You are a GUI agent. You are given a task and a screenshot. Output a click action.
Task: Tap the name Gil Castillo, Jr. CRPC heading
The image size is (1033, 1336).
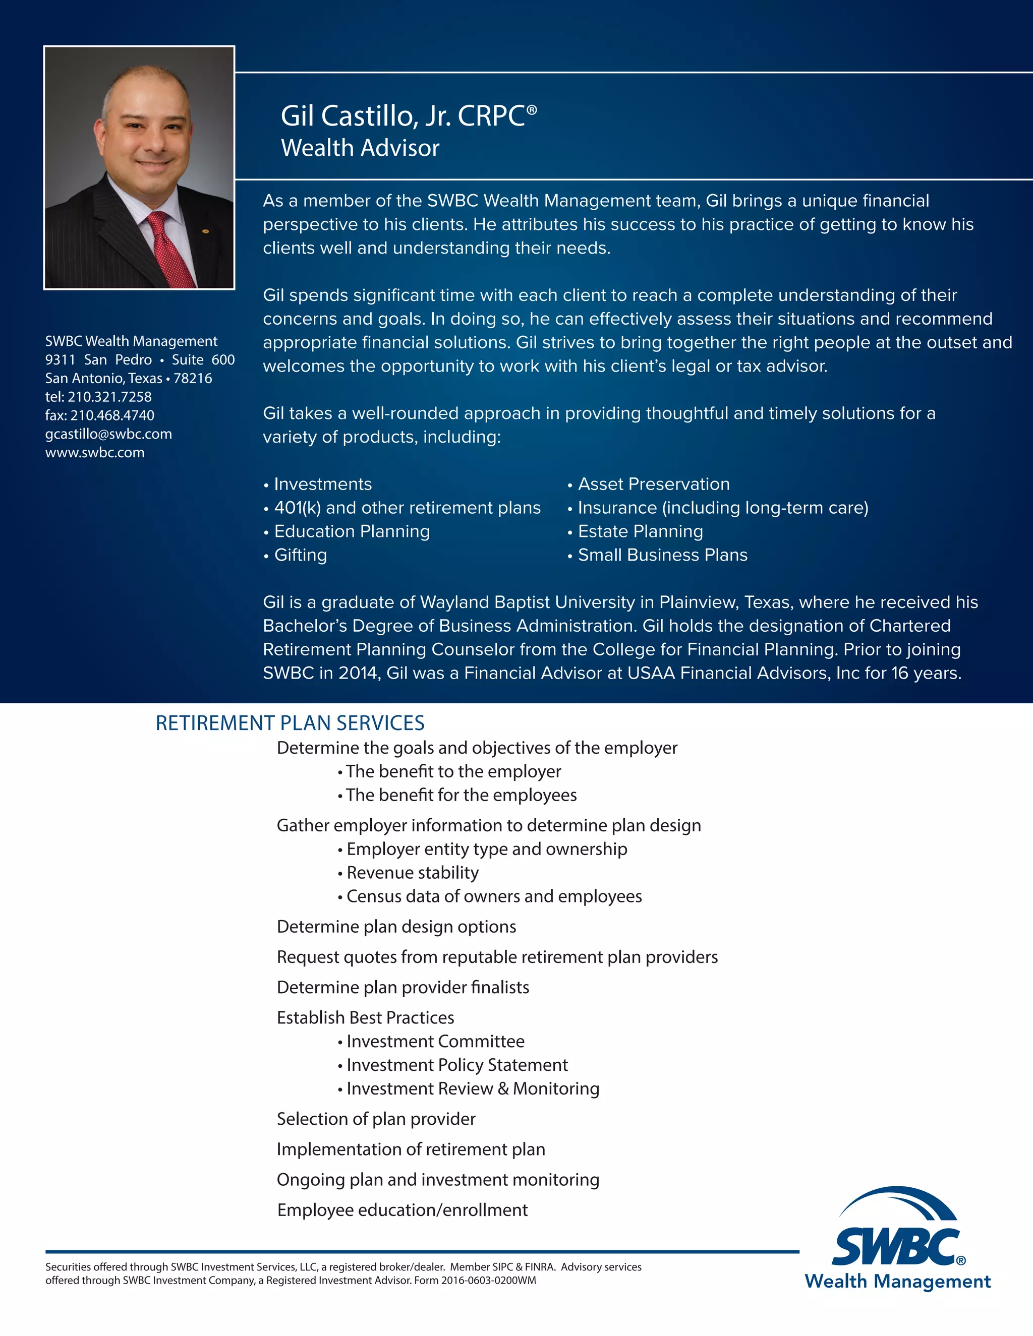408,115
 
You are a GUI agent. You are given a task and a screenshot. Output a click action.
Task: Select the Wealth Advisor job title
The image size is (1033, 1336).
360,148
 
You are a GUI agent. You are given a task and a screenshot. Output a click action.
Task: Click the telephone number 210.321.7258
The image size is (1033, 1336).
109,397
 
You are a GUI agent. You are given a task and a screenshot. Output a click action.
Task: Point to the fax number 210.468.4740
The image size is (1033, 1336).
112,415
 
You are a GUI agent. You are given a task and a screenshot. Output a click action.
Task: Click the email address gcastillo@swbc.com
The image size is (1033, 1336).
108,434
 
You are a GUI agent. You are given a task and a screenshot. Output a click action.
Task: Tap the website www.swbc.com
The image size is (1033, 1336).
95,453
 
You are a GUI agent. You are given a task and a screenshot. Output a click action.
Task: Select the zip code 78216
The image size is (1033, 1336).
193,379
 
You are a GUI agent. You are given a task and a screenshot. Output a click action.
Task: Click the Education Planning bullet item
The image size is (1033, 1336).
352,531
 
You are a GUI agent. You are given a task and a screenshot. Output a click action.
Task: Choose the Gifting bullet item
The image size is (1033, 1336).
301,555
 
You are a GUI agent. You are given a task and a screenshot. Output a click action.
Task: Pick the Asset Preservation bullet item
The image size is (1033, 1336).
654,484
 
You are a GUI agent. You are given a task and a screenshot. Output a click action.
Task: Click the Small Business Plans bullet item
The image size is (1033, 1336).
663,555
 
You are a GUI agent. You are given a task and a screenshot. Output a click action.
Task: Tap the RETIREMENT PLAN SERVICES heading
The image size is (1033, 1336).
290,723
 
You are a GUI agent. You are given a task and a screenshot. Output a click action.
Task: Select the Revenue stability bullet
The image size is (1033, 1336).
413,873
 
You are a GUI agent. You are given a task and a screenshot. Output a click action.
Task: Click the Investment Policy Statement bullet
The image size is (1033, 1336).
457,1065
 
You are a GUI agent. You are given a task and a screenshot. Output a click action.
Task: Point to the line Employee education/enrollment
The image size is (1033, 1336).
402,1210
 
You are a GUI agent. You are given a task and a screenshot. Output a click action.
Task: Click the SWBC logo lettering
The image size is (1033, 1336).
895,1247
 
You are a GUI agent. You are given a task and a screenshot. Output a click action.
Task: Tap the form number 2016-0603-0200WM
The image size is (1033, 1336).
488,1281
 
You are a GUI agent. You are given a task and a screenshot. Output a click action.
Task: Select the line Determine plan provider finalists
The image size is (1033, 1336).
403,987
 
